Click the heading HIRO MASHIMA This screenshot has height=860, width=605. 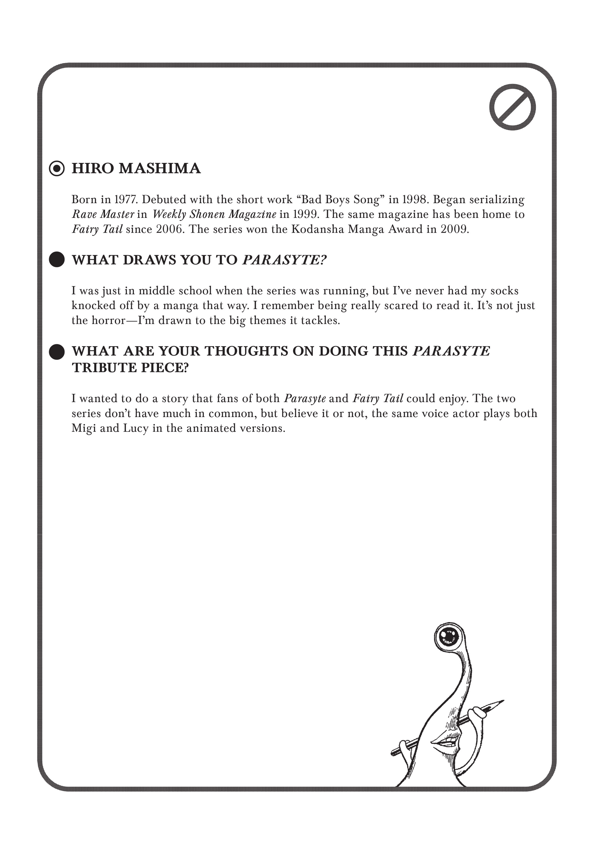click(136, 169)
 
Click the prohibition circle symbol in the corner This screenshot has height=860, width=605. click(512, 107)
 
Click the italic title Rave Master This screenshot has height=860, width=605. click(103, 214)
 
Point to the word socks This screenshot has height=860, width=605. click(504, 291)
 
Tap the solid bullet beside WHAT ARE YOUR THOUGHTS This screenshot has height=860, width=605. click(57, 352)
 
